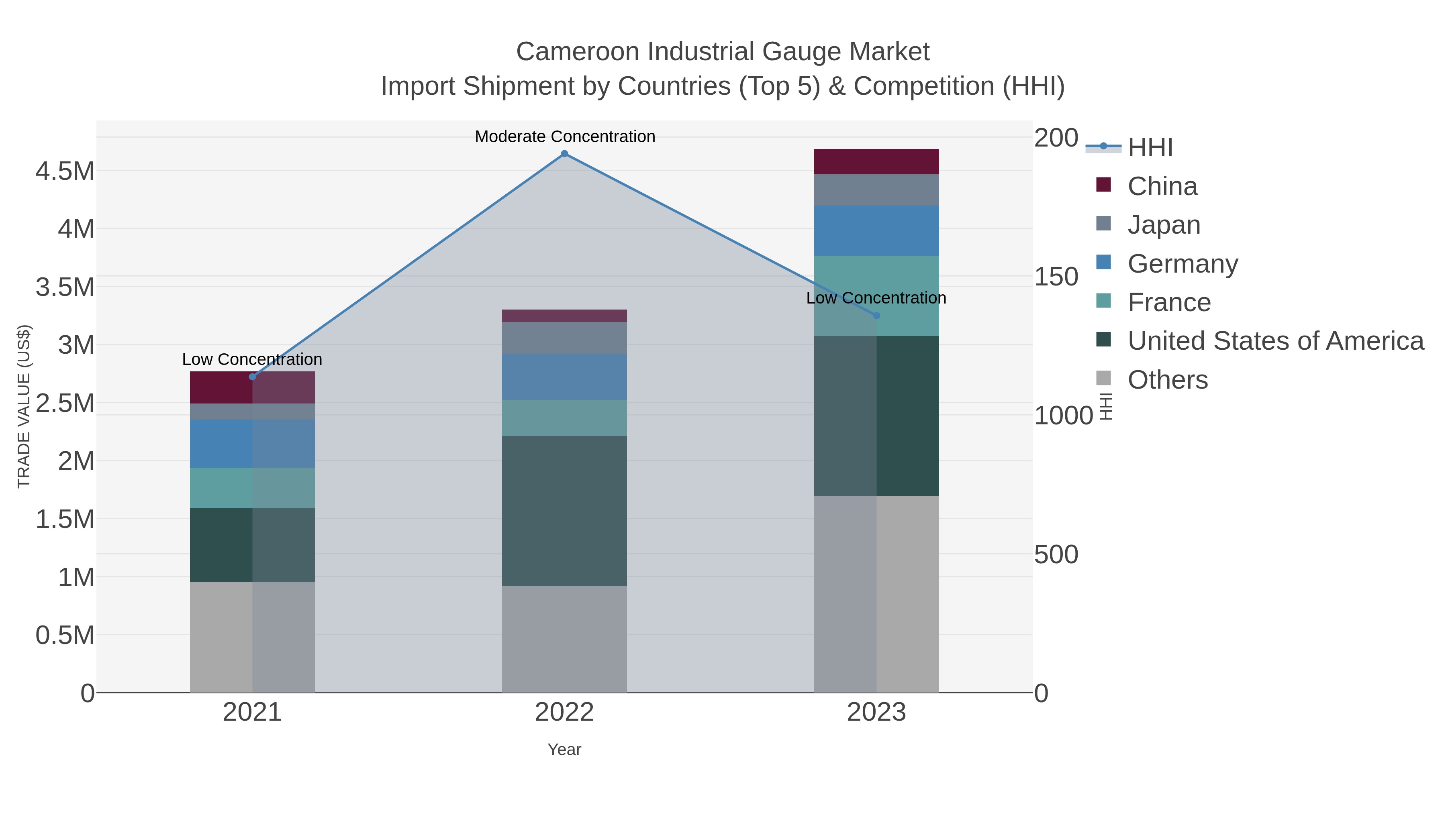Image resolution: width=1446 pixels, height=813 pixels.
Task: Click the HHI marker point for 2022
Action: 564,154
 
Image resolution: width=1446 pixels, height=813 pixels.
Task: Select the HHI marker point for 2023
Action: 876,315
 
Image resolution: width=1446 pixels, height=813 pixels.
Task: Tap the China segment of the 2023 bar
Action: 876,161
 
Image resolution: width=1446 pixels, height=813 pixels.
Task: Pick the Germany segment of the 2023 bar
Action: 876,230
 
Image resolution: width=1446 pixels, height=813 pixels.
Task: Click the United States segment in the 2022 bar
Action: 564,511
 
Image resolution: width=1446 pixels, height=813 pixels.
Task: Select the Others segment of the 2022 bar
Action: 564,639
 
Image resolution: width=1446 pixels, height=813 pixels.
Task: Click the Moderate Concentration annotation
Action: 565,137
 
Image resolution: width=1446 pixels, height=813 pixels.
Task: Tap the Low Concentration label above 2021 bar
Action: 252,359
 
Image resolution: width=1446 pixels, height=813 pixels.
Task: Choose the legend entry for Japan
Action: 1164,225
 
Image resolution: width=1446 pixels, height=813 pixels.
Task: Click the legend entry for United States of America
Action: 1275,341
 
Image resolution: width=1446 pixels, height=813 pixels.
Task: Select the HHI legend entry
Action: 1150,148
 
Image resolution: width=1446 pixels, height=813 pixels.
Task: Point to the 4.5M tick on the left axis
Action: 65,171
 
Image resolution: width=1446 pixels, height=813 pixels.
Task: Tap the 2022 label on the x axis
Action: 564,713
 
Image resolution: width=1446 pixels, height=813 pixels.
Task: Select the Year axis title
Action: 564,750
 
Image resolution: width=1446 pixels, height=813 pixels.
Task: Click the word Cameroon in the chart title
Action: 578,52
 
